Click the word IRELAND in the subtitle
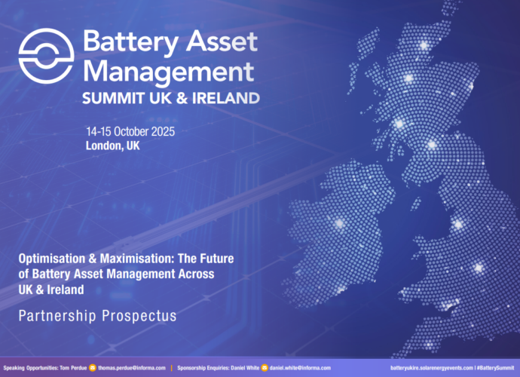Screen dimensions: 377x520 229,98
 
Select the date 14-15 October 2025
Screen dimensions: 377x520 130,132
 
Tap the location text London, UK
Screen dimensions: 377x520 113,146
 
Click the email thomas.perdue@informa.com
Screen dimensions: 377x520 132,367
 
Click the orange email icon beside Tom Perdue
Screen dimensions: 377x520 93,367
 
